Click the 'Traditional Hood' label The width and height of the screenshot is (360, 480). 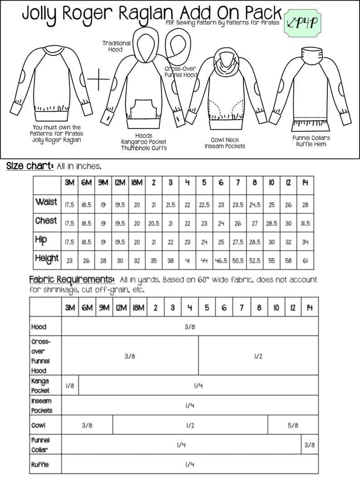tap(116, 46)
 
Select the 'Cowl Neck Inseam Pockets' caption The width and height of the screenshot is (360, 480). tap(225, 143)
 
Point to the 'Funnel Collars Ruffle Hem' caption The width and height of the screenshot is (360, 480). tap(311, 141)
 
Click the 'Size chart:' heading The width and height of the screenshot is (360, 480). tap(30, 166)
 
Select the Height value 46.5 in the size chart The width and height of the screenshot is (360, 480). tap(221, 261)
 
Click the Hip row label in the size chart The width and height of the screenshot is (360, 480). tap(41, 239)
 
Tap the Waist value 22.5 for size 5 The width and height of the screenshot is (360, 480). tap(204, 205)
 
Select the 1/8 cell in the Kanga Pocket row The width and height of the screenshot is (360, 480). tap(70, 386)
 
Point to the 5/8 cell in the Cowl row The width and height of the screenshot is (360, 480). tap(293, 426)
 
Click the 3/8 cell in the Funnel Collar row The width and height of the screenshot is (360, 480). tap(310, 445)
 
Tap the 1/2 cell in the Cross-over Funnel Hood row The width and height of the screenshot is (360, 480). tap(258, 356)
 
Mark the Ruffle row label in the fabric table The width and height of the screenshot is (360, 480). tap(40, 465)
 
